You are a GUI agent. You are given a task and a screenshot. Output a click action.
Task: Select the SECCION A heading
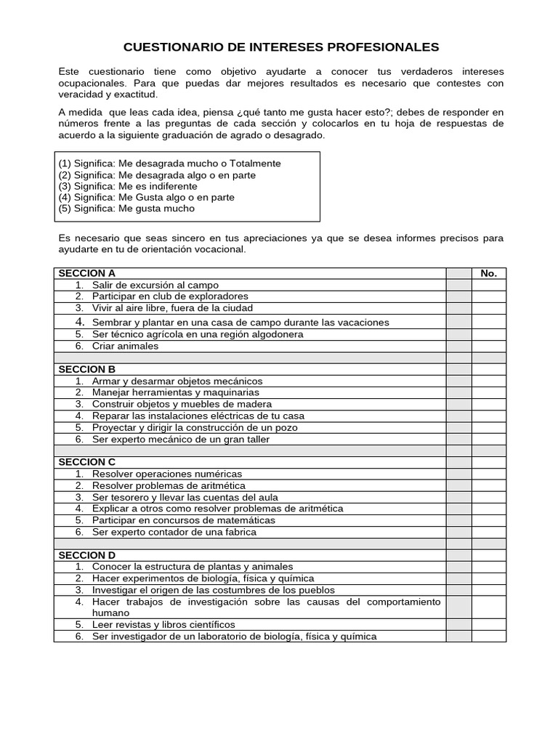[86, 273]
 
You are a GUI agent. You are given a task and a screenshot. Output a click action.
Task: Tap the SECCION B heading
[86, 369]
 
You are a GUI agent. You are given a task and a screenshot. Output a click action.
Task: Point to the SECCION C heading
[86, 462]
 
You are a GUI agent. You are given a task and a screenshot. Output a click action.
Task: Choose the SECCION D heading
[86, 555]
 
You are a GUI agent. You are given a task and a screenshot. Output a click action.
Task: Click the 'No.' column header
[489, 273]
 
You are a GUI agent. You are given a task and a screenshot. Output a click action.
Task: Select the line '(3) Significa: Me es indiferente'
[127, 186]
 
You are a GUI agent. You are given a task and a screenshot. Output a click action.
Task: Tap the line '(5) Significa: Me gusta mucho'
[126, 209]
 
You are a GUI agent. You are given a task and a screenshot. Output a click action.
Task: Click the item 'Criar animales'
[125, 347]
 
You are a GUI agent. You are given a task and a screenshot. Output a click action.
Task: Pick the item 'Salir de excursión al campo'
[155, 286]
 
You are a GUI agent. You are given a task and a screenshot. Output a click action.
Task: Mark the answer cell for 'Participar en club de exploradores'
[489, 296]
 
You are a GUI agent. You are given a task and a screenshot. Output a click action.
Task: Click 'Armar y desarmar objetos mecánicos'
[177, 381]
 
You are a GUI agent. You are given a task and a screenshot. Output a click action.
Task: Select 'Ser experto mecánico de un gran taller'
[180, 440]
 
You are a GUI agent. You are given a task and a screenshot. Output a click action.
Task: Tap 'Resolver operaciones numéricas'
[167, 474]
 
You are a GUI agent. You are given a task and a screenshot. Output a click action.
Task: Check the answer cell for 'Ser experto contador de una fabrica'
[489, 532]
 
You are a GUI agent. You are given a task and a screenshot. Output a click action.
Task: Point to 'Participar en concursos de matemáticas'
[184, 521]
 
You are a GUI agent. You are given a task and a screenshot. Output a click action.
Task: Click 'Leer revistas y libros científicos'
[163, 625]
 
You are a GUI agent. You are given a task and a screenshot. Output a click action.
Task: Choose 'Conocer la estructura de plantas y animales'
[193, 567]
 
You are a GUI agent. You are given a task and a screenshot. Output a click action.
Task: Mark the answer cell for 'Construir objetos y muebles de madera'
[489, 404]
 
